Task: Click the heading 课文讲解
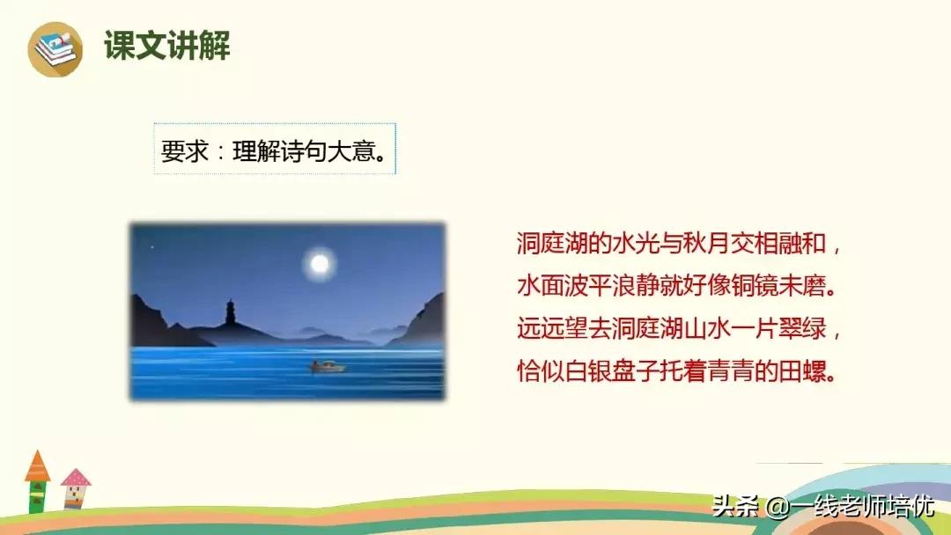pyautogui.click(x=167, y=46)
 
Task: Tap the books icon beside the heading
pyautogui.click(x=55, y=49)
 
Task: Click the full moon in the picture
pyautogui.click(x=320, y=262)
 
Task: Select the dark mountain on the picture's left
pyautogui.click(x=154, y=326)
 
